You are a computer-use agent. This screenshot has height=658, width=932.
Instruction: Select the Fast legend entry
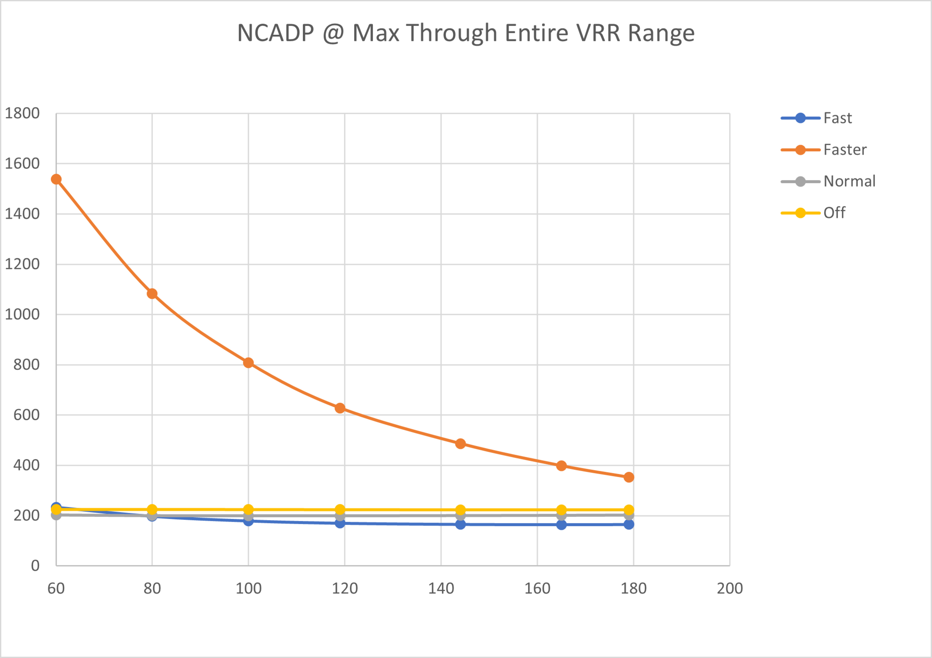[837, 118]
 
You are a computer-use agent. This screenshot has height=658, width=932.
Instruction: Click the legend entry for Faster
[845, 150]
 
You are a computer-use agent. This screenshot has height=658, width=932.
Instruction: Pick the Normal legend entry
[849, 181]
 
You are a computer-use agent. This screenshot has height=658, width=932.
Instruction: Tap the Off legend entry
[834, 212]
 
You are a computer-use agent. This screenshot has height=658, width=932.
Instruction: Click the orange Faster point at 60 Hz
[56, 179]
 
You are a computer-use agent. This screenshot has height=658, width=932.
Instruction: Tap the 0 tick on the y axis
[35, 566]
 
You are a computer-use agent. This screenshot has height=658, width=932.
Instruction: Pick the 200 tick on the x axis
[729, 588]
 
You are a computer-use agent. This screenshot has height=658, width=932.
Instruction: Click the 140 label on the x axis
[441, 588]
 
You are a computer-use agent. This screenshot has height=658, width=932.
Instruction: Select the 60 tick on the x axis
[56, 588]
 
